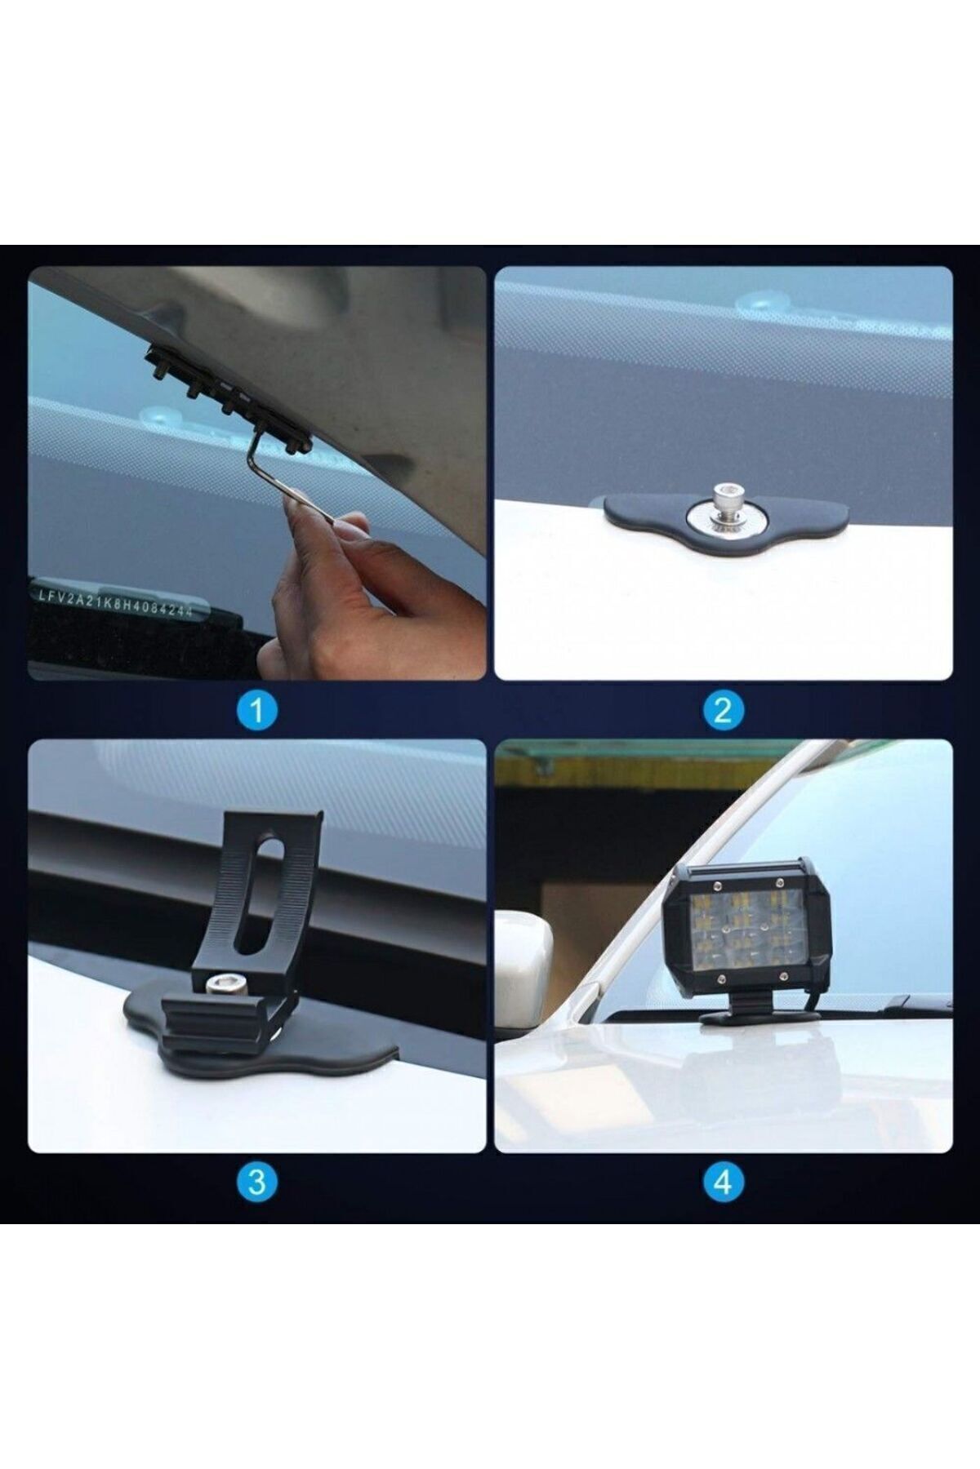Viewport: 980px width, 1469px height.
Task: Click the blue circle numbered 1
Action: pyautogui.click(x=256, y=710)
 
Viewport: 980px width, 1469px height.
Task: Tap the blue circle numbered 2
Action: pyautogui.click(x=723, y=710)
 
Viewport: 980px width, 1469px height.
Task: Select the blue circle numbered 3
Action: pyautogui.click(x=256, y=1181)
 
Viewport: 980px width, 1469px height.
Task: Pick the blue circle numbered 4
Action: pyautogui.click(x=723, y=1181)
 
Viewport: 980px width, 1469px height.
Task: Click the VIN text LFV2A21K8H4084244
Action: pyautogui.click(x=115, y=602)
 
